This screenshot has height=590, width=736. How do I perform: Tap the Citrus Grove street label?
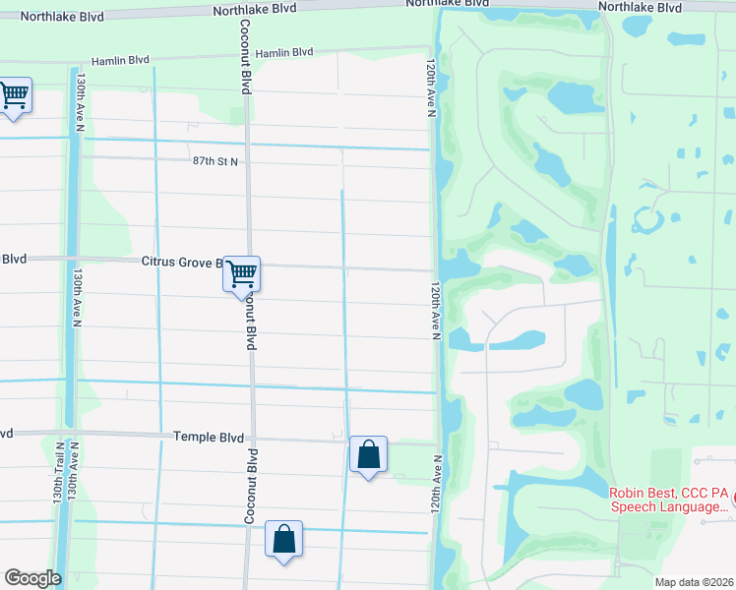coord(177,261)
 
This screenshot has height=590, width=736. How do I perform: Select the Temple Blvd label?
coord(208,436)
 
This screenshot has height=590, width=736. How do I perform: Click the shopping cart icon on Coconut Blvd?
coord(241,273)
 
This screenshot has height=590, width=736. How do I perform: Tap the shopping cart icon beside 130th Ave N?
coord(14,95)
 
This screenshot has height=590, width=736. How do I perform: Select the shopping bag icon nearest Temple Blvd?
coord(368,455)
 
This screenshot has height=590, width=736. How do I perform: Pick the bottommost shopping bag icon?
coord(283,540)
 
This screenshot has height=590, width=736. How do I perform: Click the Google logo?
coord(33,578)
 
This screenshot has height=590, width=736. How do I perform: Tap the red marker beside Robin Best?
coord(732,500)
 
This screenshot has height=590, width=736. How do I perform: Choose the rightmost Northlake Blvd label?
coord(640,7)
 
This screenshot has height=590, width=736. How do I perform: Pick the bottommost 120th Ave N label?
coord(434,495)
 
